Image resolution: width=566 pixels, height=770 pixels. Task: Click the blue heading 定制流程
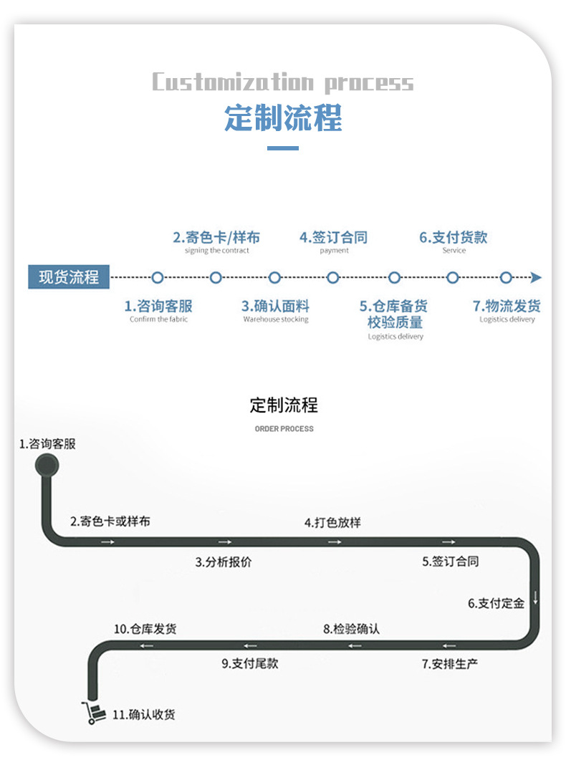283,117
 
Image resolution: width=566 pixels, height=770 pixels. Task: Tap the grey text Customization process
283,82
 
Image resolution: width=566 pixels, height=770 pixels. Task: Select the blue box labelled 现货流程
69,276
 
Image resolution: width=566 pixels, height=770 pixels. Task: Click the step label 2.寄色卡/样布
216,237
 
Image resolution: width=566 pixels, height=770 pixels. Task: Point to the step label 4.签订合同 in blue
333,237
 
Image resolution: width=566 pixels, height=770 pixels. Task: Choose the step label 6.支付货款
453,237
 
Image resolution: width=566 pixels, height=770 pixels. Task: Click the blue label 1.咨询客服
158,306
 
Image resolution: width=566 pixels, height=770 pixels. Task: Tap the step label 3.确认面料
275,306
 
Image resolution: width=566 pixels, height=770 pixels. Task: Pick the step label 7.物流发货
507,306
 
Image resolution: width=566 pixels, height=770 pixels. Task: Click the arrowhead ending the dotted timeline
536,278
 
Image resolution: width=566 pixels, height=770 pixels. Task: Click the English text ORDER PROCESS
284,429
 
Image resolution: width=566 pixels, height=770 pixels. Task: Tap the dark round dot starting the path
47,466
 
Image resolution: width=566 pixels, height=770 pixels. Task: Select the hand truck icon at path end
92,713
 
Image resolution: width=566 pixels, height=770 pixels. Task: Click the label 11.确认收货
144,714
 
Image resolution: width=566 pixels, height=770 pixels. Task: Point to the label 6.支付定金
497,603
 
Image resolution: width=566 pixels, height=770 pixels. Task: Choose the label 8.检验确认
351,629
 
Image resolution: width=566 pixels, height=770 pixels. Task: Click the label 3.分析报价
224,562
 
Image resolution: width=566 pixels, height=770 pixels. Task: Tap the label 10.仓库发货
145,629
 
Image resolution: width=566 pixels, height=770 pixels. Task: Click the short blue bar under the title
283,148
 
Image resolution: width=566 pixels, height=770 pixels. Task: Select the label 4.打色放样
332,523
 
